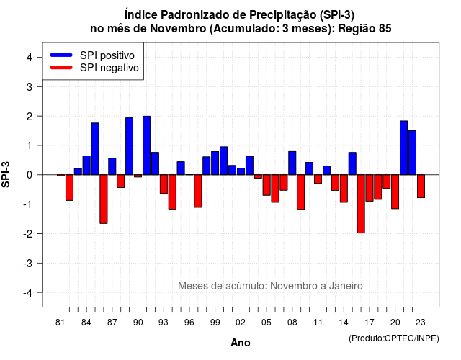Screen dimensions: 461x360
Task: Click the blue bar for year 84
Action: [x=86, y=165]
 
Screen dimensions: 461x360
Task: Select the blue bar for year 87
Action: [x=112, y=166]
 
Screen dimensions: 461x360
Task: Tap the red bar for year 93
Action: [x=164, y=184]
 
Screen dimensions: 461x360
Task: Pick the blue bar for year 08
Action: [x=292, y=163]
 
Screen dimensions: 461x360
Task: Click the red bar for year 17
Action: [x=370, y=188]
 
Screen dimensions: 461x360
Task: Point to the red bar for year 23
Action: [x=421, y=186]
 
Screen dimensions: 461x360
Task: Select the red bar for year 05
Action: [x=267, y=185]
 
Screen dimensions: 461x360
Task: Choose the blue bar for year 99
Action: [x=215, y=163]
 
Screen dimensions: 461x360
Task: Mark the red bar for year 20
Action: [x=395, y=192]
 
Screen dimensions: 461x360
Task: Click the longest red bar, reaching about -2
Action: [x=361, y=204]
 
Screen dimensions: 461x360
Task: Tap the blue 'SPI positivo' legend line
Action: [x=61, y=55]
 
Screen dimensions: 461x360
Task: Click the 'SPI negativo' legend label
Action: [x=109, y=68]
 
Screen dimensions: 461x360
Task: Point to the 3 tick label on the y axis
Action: [x=30, y=87]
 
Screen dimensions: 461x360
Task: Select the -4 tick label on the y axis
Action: [x=28, y=293]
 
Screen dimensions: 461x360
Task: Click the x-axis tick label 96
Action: [x=189, y=323]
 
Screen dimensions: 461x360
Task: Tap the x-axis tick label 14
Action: [x=344, y=323]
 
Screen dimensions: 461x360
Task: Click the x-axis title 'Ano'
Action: [x=241, y=343]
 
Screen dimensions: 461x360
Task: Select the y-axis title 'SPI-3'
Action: [x=6, y=174]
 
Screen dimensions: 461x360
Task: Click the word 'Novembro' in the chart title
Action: [x=178, y=29]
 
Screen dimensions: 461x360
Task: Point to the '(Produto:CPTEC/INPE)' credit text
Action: [x=394, y=338]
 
